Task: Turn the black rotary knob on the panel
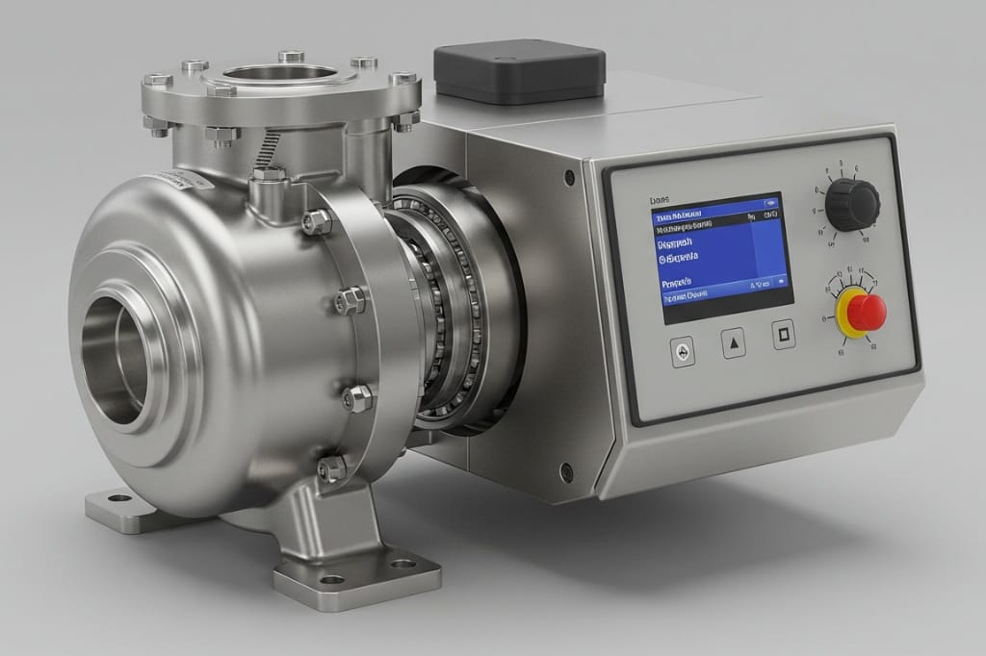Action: [x=851, y=204]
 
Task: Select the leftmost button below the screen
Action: [x=683, y=352]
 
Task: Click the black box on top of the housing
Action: [x=519, y=70]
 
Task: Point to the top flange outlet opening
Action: [x=281, y=74]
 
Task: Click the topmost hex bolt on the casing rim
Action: [x=315, y=222]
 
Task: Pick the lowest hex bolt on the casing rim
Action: [x=332, y=468]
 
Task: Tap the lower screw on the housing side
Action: [x=567, y=470]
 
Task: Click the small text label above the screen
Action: [x=660, y=199]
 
